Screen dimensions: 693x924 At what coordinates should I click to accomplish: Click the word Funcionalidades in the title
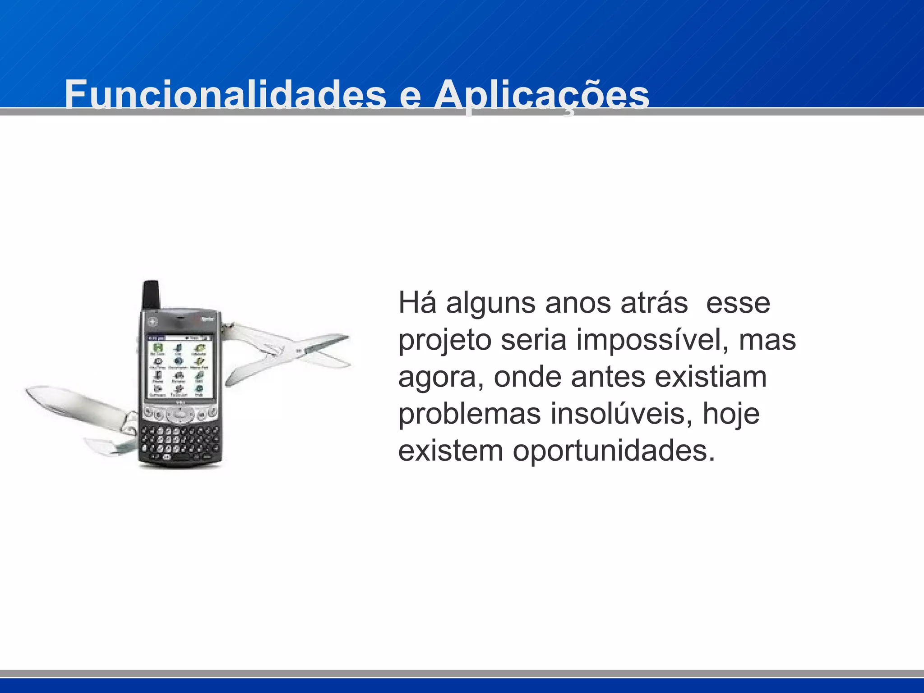[225, 95]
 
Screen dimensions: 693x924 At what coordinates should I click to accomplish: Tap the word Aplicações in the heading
[541, 95]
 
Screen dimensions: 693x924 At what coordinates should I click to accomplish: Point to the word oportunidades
[614, 451]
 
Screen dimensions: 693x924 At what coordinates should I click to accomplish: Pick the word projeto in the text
[444, 341]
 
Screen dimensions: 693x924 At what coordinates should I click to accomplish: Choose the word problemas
[469, 414]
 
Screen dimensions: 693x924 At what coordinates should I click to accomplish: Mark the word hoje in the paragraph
[731, 415]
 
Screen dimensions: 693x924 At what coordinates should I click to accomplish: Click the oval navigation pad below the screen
[180, 414]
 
